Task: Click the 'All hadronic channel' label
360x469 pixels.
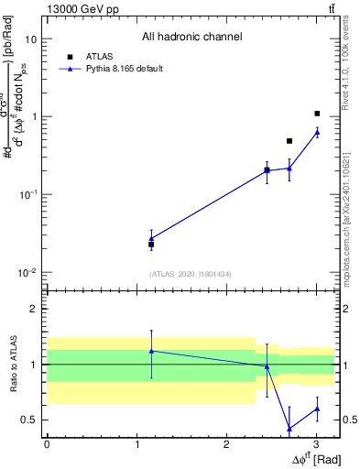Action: point(191,38)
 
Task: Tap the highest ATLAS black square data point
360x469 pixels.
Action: point(317,114)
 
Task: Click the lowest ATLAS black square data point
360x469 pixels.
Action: point(151,245)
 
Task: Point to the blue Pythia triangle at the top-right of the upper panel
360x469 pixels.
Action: point(317,132)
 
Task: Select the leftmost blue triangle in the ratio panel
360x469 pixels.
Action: point(151,351)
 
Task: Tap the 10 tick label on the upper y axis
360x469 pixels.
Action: point(31,39)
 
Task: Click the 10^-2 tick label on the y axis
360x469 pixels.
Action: point(28,272)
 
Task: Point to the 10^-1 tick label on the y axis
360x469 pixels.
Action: point(28,195)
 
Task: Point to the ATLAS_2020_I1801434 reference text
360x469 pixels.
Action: point(191,274)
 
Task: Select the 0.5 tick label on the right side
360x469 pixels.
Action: point(349,420)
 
